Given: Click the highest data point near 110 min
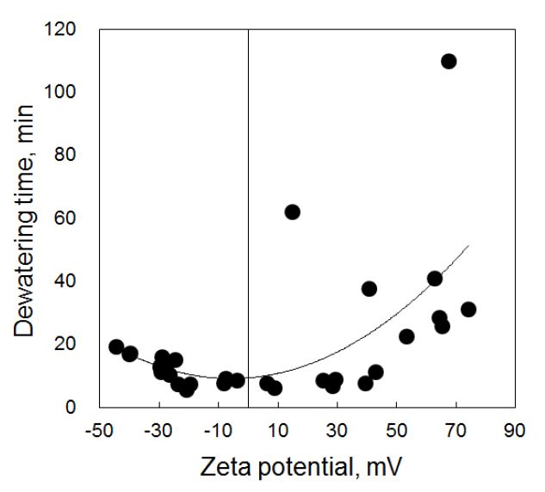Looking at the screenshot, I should tap(449, 61).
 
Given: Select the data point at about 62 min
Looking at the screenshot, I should tap(292, 212).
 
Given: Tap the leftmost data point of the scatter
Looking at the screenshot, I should tap(116, 347).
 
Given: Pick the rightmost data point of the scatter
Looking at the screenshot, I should tap(468, 310).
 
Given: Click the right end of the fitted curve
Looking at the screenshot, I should tap(468, 246).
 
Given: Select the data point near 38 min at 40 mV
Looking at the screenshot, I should tap(368, 289).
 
